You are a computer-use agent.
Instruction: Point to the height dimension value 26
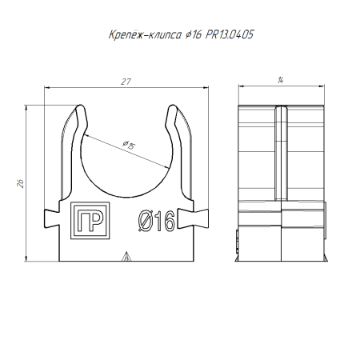coord(20,183)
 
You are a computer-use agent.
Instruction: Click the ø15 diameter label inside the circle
coord(127,144)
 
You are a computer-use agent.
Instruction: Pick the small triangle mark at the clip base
coord(124,257)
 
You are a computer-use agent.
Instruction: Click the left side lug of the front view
coord(52,215)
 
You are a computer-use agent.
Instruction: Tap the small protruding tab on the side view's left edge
coord(238,237)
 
